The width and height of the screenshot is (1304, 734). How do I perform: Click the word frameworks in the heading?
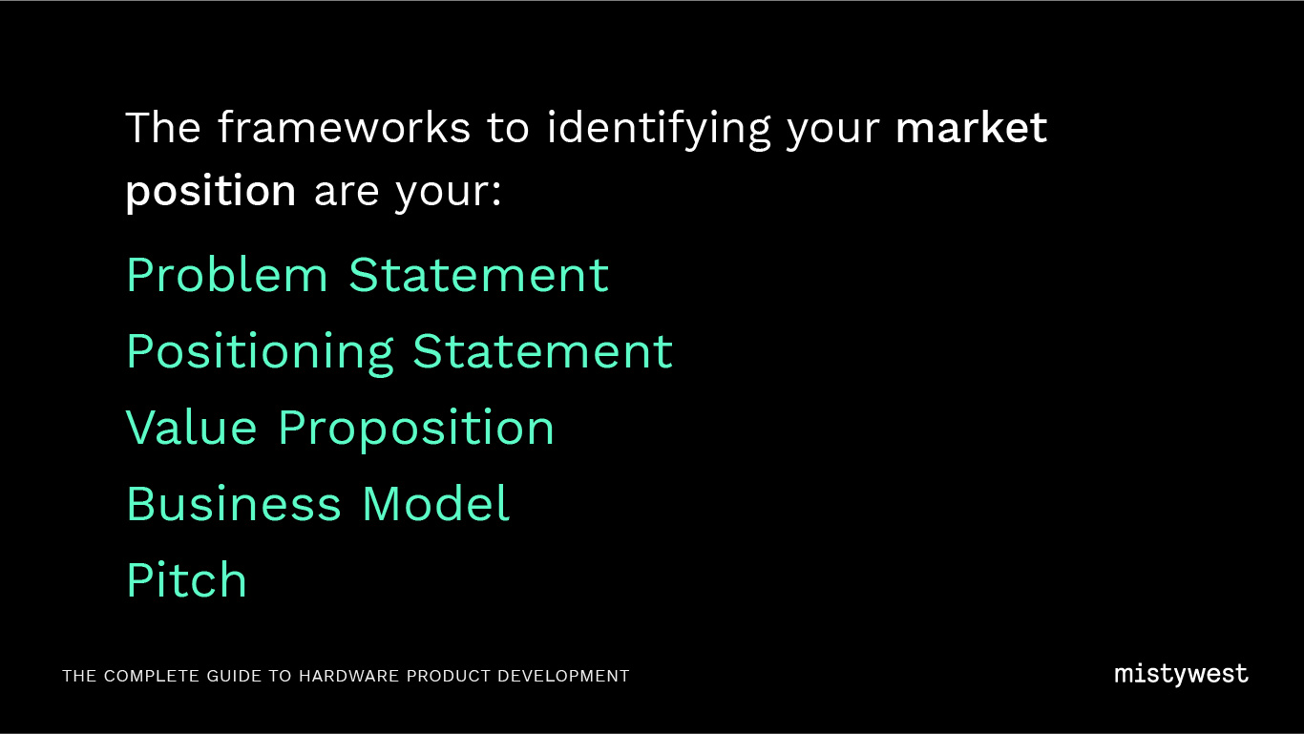pyautogui.click(x=344, y=127)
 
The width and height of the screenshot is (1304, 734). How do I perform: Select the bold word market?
pyautogui.click(x=971, y=128)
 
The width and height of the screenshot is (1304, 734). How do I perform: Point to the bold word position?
pyautogui.click(x=211, y=192)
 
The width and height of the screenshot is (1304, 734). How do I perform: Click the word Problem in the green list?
pyautogui.click(x=227, y=274)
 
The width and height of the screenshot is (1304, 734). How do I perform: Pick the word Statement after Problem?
pyautogui.click(x=478, y=274)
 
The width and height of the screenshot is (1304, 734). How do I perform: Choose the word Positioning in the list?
pyautogui.click(x=260, y=353)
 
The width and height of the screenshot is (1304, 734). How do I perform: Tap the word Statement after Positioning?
pyautogui.click(x=542, y=351)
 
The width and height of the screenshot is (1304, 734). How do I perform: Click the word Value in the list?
pyautogui.click(x=191, y=428)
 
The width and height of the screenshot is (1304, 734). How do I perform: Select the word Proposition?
pyautogui.click(x=415, y=430)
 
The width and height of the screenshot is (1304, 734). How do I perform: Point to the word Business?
pyautogui.click(x=234, y=504)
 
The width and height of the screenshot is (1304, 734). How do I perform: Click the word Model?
pyautogui.click(x=435, y=504)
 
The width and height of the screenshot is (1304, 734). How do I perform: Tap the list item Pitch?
pyautogui.click(x=186, y=579)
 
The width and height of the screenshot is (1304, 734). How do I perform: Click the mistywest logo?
pyautogui.click(x=1181, y=675)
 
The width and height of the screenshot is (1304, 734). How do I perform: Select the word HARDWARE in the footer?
pyautogui.click(x=348, y=676)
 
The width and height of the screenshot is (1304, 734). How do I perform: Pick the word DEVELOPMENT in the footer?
pyautogui.click(x=563, y=676)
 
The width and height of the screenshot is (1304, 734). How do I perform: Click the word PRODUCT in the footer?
pyautogui.click(x=449, y=676)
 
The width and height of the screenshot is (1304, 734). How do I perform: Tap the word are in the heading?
pyautogui.click(x=347, y=193)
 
